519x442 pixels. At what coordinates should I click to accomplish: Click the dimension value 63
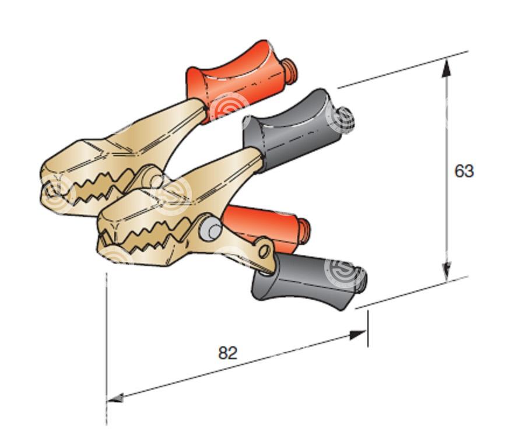(464, 171)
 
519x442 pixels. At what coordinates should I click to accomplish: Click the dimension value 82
(228, 353)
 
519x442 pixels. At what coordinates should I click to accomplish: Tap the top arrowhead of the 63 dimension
(446, 68)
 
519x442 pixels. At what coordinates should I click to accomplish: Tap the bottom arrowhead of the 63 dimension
(447, 271)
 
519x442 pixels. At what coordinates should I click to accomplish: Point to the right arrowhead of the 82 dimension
(358, 335)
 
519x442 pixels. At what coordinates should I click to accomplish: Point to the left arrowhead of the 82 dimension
(116, 398)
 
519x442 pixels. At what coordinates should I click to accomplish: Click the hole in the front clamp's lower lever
(264, 251)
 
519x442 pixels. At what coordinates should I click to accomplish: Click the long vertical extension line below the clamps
(107, 348)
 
